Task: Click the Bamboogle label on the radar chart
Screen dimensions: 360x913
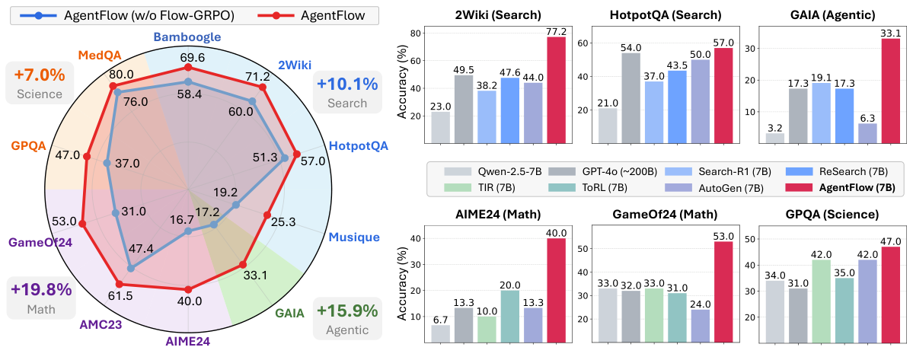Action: coord(187,37)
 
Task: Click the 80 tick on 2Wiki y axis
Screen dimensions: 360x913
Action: coord(414,33)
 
